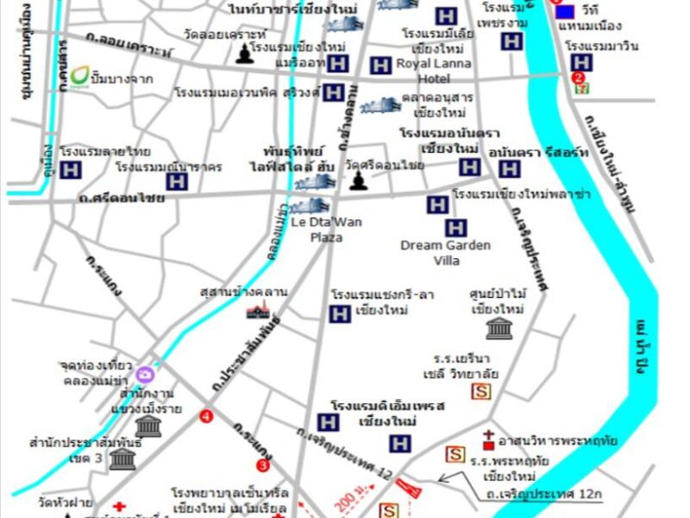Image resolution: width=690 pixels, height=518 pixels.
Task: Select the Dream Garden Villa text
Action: point(445,252)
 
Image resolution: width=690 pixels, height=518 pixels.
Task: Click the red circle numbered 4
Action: point(206,416)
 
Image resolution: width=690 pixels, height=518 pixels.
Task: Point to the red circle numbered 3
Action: point(263,465)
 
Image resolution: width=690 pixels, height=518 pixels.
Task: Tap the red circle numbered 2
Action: point(577,77)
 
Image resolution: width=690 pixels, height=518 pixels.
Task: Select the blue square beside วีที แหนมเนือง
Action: point(565,12)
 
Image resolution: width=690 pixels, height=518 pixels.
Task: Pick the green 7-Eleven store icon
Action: point(584,87)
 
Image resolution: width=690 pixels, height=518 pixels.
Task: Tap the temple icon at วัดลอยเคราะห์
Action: point(244,54)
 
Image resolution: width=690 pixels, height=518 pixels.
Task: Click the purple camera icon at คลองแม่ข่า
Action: point(145,374)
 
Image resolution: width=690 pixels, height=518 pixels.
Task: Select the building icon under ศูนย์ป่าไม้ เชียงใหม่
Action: point(499,327)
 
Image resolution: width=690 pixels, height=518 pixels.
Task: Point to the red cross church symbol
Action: point(489,439)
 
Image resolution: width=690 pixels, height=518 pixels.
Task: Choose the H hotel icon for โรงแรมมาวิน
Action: point(582,62)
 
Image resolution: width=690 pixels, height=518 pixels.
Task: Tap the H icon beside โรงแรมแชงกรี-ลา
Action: point(340,314)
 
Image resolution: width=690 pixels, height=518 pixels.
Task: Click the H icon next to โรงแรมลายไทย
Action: point(71,170)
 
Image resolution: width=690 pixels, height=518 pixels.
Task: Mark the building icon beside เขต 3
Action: point(122,457)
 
